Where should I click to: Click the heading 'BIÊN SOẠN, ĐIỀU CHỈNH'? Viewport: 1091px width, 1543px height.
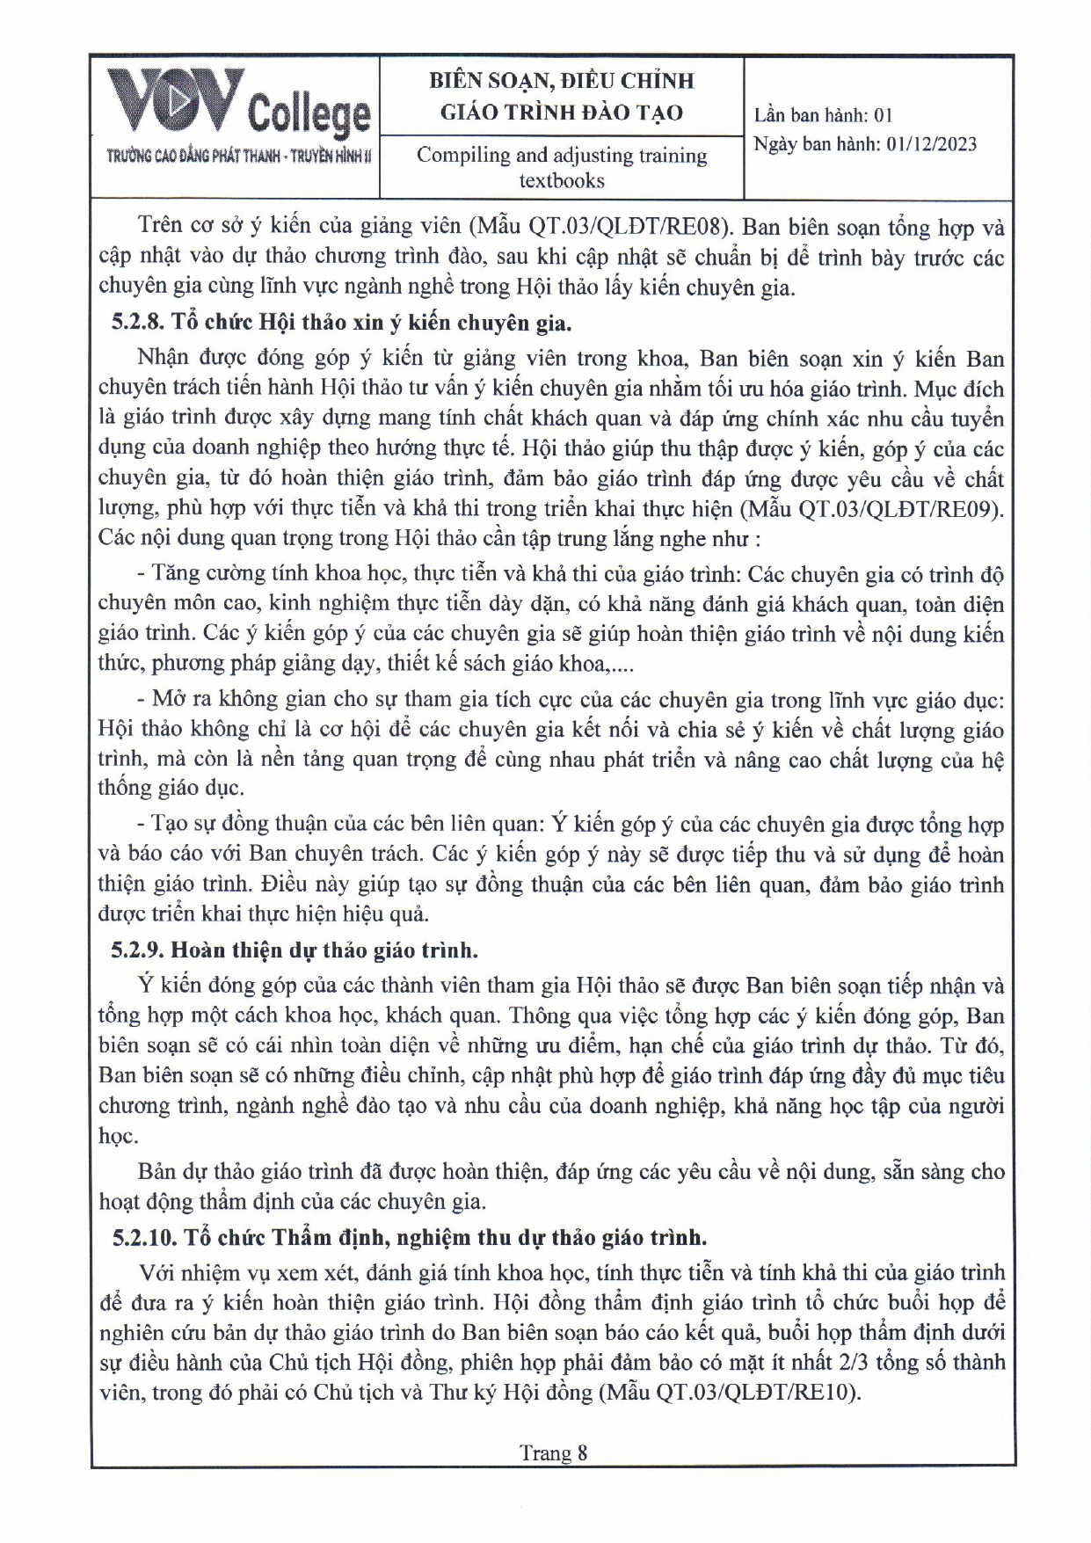[x=561, y=81]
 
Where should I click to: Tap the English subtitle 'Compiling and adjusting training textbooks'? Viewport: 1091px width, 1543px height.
[x=561, y=167]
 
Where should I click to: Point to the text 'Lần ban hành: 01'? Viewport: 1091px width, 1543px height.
[x=823, y=115]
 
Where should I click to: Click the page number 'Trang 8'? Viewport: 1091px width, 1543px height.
[x=553, y=1452]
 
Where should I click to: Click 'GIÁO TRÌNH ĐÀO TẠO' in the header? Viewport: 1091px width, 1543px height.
[x=561, y=113]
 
